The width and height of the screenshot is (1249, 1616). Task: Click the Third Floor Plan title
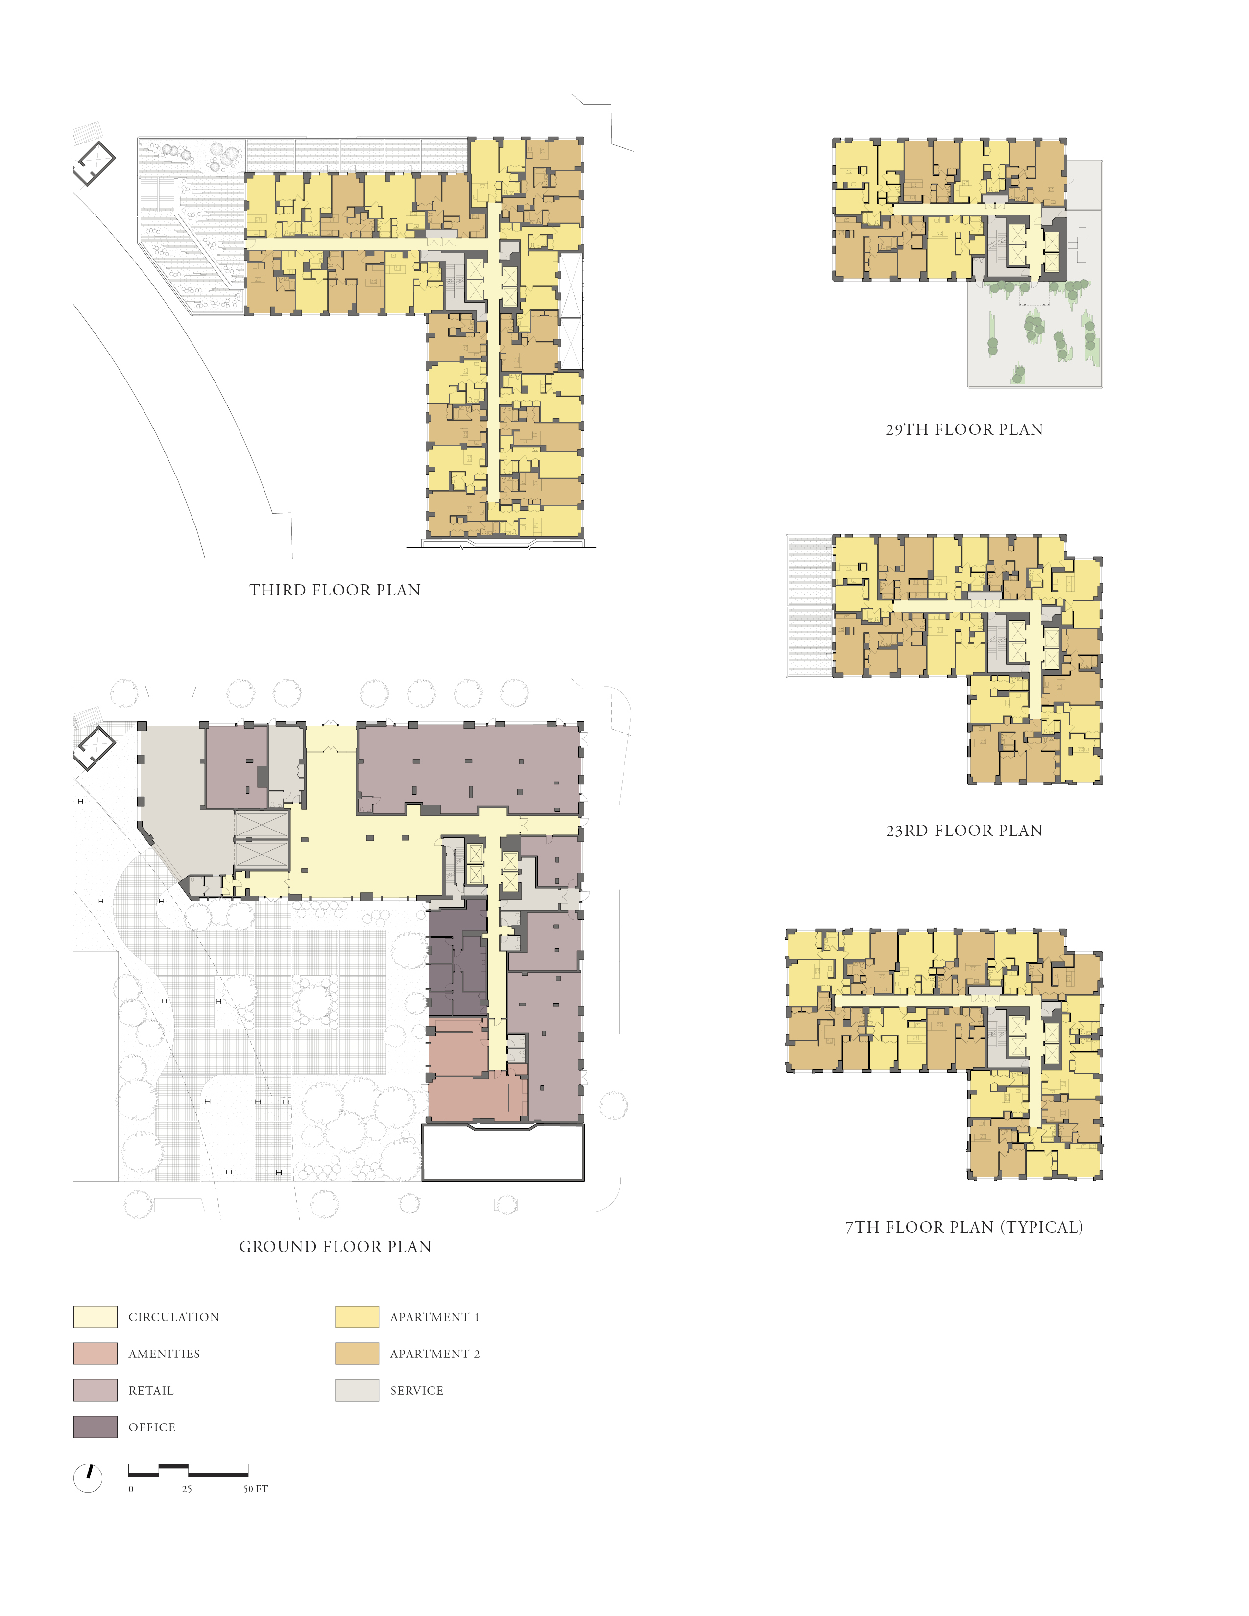[335, 590]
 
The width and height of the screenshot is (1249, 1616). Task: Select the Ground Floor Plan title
[335, 1247]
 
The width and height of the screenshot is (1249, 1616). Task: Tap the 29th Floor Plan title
[964, 429]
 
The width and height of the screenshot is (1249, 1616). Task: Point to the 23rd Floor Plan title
[964, 830]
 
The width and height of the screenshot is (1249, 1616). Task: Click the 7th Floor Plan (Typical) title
[964, 1227]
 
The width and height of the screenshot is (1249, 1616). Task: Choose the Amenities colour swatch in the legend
[96, 1354]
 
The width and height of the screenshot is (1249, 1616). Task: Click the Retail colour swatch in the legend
[96, 1390]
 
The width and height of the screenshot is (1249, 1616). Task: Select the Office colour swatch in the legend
[96, 1426]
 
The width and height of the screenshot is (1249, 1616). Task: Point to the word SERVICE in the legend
[417, 1390]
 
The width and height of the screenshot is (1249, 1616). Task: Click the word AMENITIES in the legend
[164, 1354]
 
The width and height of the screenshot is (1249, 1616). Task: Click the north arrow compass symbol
[88, 1477]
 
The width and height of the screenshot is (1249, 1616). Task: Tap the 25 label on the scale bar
[187, 1489]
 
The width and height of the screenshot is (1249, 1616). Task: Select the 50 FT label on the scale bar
[255, 1489]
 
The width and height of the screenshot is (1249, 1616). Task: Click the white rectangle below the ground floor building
[503, 1153]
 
